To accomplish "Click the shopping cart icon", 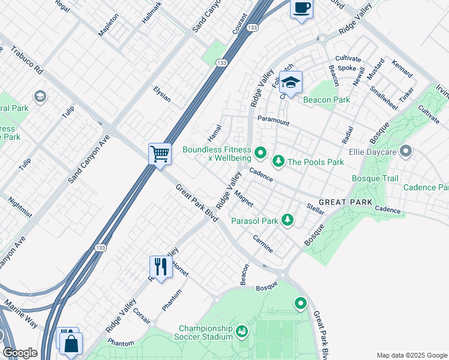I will coord(160,154).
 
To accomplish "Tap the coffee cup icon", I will coord(302,8).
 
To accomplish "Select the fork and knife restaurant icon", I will coord(161,265).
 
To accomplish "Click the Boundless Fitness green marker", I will coord(261,154).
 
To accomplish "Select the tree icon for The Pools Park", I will coord(279,161).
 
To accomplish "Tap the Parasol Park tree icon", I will coord(288,220).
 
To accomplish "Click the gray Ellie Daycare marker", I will coord(406,151).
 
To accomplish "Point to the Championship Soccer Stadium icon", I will coord(241,331).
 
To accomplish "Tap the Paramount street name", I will coord(273,122).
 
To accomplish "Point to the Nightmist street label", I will coord(18,214).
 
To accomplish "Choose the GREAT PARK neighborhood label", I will coord(345,202).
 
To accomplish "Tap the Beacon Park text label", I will coord(326,100).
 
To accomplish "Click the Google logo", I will coord(20,353).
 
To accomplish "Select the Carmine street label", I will coord(263,244).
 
